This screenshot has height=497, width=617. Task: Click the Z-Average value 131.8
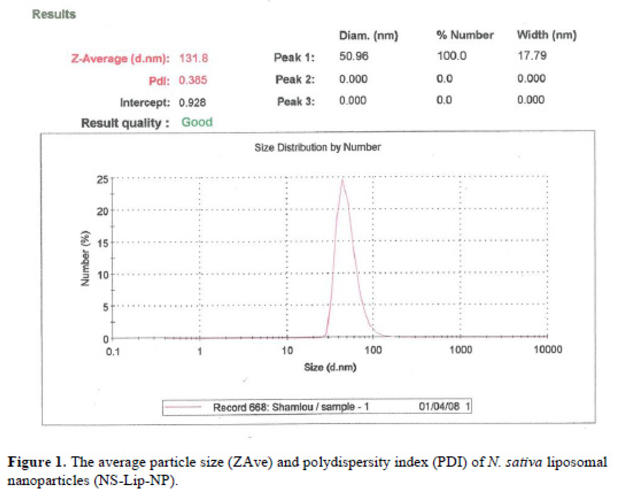coord(193,58)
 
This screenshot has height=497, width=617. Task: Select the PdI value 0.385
coord(193,80)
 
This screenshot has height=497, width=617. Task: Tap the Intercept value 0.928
coord(192,102)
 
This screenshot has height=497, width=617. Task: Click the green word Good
coord(197,122)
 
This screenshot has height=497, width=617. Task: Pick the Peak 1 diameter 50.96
coord(353,56)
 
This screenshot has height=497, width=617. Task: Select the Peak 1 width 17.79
coord(532,55)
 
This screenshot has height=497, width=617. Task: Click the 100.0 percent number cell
coord(451,56)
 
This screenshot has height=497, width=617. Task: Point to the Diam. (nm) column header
coord(368,36)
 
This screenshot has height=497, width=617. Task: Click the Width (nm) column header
coord(546,35)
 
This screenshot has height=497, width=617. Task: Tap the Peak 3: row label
coord(296,101)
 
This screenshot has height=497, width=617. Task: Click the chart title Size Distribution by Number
coord(317,147)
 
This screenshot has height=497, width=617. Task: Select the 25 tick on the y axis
coord(103,180)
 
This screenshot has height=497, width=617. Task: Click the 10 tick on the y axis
coord(103,275)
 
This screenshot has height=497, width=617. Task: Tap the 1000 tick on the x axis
coord(461,350)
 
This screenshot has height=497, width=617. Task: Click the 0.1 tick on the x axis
coord(113,352)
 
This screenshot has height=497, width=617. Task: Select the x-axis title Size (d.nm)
coord(330,367)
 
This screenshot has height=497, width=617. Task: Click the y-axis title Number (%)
coord(85,259)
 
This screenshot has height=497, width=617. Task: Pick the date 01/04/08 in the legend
coord(439,406)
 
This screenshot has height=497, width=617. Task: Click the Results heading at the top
coord(54,14)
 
